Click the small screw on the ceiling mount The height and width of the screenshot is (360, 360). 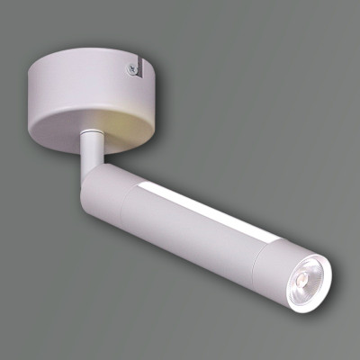point(133,67)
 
